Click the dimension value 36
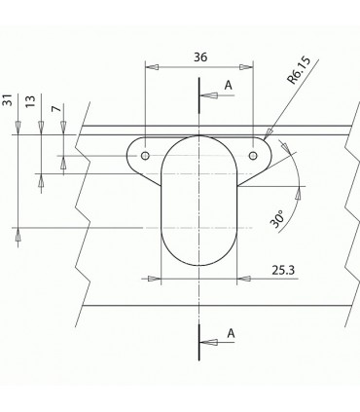click(x=200, y=57)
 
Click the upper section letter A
click(x=229, y=86)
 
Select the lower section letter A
click(x=231, y=333)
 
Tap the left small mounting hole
click(x=145, y=155)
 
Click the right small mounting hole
click(x=254, y=155)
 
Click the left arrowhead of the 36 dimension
click(x=149, y=66)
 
